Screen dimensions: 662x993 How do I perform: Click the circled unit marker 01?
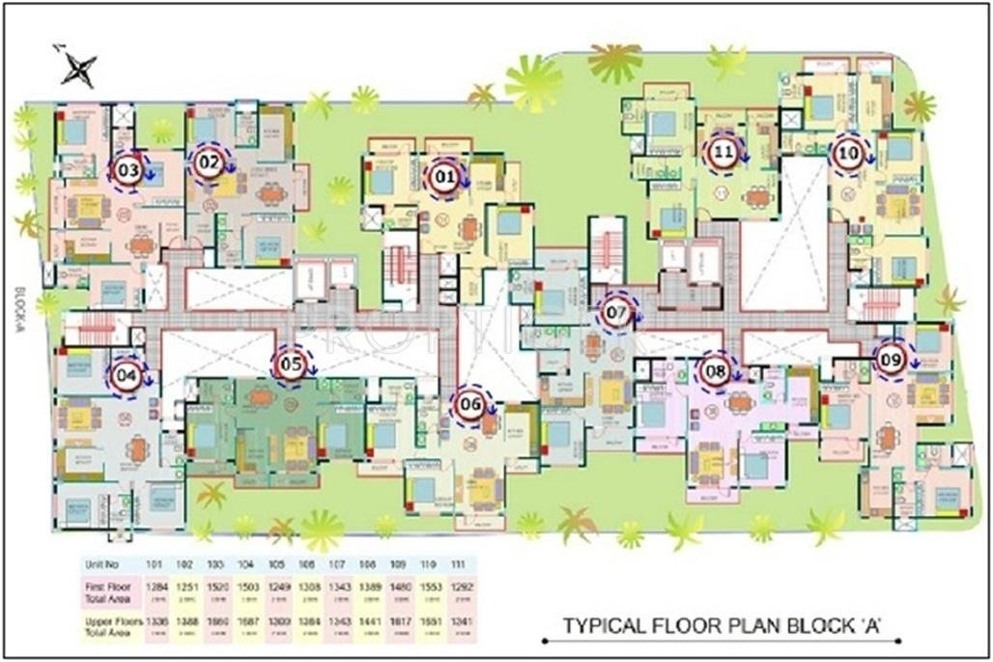pos(444,177)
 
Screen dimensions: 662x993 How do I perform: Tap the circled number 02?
pos(210,163)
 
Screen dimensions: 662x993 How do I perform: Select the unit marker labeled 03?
pos(128,171)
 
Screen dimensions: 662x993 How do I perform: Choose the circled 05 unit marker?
pos(292,364)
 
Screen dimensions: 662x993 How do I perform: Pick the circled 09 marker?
pos(891,359)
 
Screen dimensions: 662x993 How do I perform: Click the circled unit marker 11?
pos(724,152)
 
